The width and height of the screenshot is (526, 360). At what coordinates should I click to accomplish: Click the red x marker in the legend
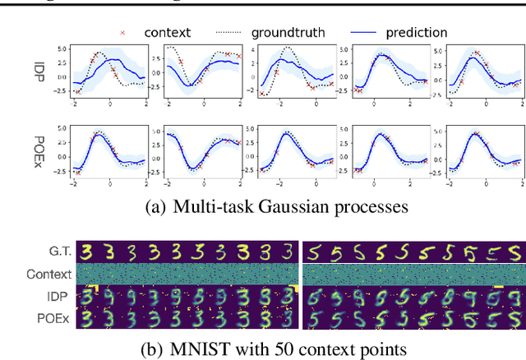(124, 33)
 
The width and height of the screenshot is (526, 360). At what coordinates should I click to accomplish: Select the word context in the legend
(167, 33)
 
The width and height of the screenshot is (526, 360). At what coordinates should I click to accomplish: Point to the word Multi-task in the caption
(212, 207)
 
